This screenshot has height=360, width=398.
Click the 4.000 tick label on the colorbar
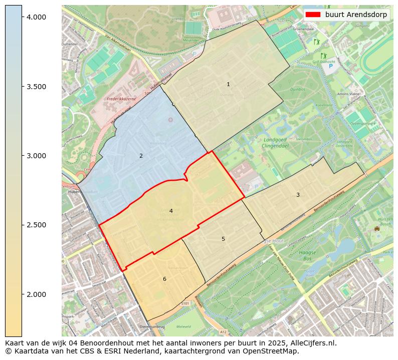(36, 17)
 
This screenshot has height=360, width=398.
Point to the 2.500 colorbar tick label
(36, 225)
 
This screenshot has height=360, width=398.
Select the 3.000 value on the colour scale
(36, 156)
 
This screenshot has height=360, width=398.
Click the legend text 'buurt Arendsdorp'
(356, 15)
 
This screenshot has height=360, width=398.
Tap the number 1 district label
(228, 84)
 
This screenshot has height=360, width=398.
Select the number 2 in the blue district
(141, 156)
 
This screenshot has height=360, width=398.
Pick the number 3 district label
(298, 195)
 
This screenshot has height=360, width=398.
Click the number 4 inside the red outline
(171, 211)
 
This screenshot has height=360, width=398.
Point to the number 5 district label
(224, 239)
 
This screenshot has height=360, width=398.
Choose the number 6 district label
(164, 279)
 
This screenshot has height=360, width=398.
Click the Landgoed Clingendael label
(275, 143)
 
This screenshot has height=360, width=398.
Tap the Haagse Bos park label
(307, 255)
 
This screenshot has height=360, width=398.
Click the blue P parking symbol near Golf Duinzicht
(330, 66)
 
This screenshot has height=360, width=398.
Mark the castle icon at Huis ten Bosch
(376, 229)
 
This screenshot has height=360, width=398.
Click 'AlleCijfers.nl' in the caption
(313, 343)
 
